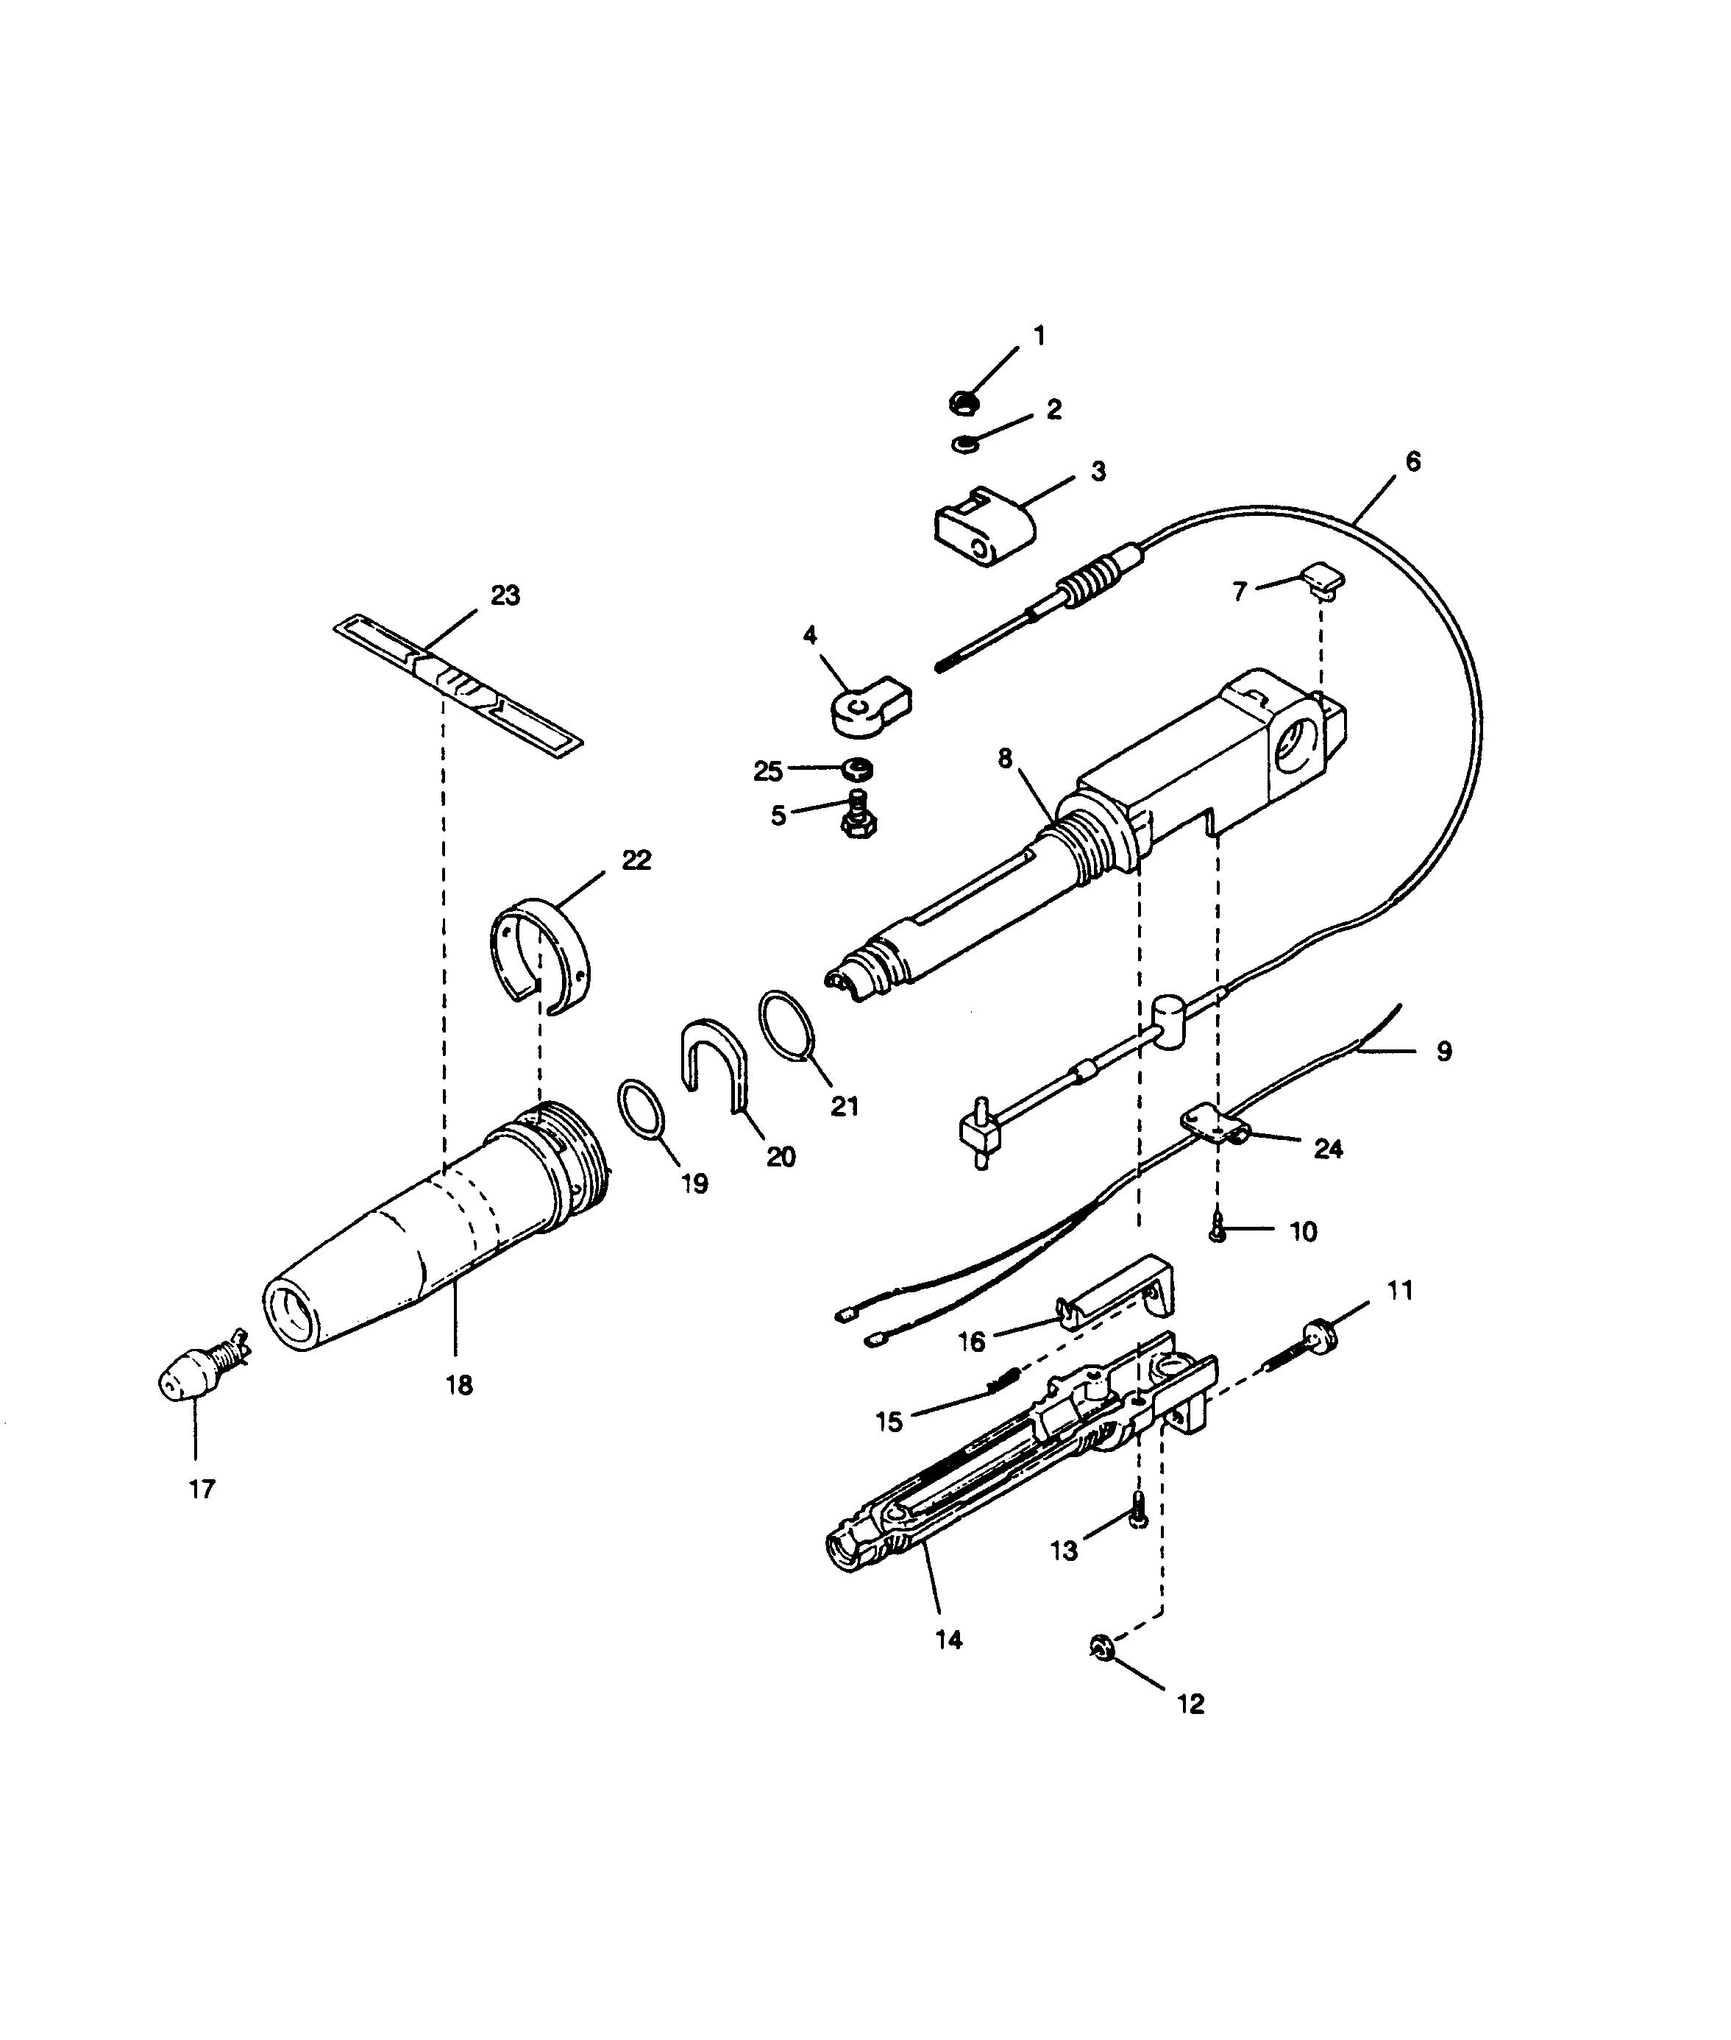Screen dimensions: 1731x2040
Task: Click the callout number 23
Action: coord(505,596)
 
